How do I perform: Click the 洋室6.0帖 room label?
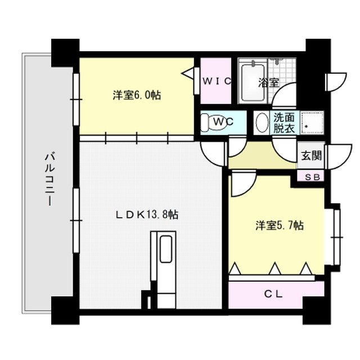[137, 96]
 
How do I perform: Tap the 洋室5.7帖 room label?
[280, 226]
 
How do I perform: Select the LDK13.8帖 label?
[147, 214]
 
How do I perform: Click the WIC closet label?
[217, 81]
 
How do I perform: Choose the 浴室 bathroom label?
[268, 82]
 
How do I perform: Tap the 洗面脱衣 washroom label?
[284, 123]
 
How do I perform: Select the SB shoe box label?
[310, 177]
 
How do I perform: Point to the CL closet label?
[276, 294]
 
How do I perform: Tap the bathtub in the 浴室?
[251, 84]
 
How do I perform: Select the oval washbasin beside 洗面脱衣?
[262, 123]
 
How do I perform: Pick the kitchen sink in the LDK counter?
[166, 249]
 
